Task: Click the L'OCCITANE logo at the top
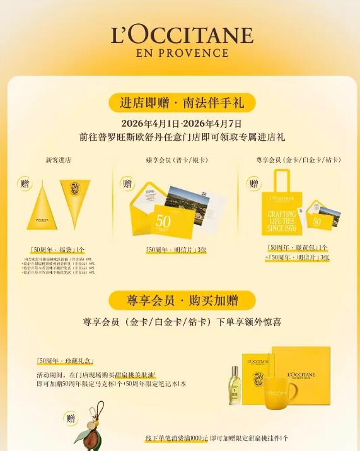[x=182, y=35]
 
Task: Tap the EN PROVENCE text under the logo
[x=182, y=52]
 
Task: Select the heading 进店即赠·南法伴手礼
[x=181, y=102]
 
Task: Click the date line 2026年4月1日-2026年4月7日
[x=181, y=124]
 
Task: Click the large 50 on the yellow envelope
[x=163, y=221]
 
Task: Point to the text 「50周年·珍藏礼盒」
[x=65, y=361]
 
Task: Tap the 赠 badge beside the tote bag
[x=254, y=184]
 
